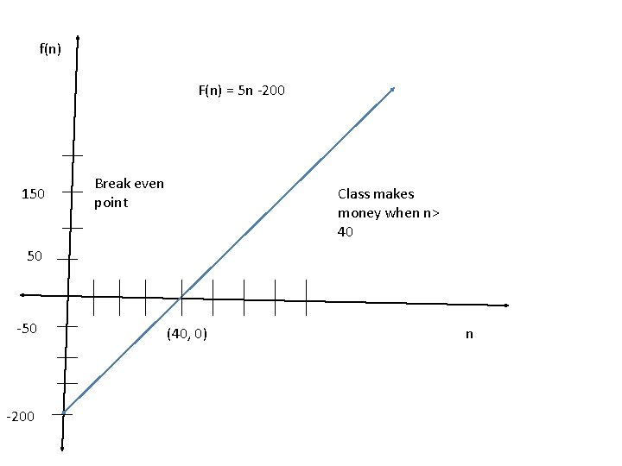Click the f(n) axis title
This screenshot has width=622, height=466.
50,48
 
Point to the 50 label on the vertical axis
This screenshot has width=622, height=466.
35,256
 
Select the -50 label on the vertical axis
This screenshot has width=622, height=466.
26,329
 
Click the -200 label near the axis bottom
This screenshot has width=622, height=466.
20,417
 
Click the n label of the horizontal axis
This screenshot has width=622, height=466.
469,334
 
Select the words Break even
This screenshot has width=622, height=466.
129,184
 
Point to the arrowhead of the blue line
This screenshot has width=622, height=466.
393,88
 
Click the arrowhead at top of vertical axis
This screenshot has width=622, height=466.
78,39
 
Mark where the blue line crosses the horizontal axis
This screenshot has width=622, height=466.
181,298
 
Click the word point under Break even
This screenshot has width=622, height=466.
111,203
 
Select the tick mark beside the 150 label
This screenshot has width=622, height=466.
72,192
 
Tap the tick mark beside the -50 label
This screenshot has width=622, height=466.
68,327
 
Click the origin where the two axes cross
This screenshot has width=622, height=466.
68,295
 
